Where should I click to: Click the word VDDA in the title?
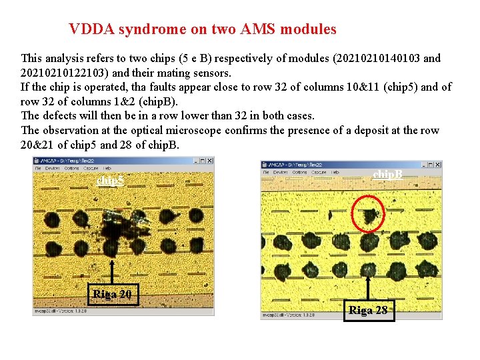coord(88,29)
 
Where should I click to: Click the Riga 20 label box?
coord(112,295)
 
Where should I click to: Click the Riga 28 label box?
coord(368,309)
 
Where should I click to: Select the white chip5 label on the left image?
coord(110,181)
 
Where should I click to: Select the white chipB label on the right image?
coord(388,174)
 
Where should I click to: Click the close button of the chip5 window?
coord(210,161)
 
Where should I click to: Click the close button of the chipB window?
coord(438,165)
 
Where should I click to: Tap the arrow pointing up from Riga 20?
coord(112,267)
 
